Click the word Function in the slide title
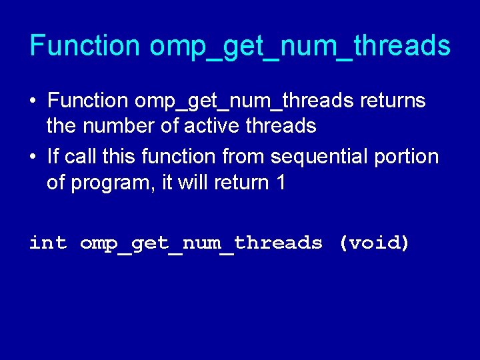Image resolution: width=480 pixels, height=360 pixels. pos(85,46)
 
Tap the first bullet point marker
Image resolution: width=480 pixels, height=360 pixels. pos(33,102)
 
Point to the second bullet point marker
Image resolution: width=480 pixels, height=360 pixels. pos(33,158)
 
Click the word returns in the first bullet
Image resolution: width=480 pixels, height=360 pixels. pos(393,101)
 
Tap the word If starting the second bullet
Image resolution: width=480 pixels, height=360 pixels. pos(53,157)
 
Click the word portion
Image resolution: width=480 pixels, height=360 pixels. pos(407,158)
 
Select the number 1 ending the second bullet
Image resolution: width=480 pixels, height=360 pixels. pos(279,182)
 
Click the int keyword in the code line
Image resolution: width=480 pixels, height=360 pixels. pos(48,243)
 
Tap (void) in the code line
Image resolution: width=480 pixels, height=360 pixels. pos(374,243)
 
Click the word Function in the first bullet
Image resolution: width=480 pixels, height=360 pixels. pos(87,101)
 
